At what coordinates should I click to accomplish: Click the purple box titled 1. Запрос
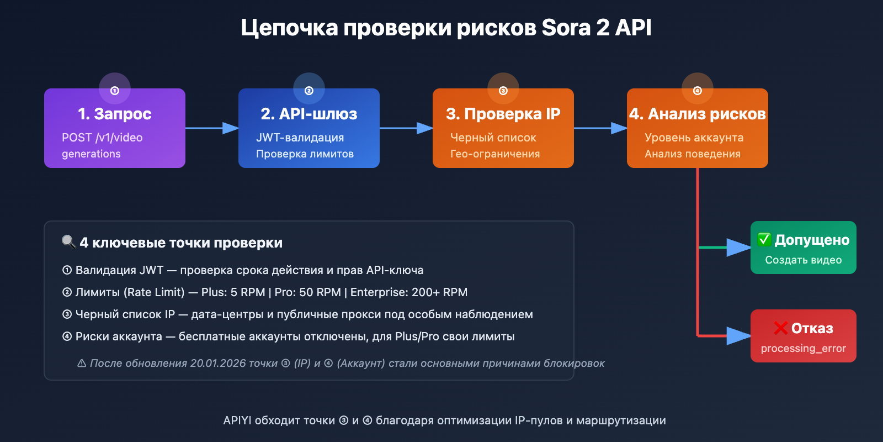115,128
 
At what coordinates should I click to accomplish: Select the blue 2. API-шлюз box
309,128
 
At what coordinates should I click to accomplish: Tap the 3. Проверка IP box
503,128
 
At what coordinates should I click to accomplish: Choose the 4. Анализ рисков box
698,128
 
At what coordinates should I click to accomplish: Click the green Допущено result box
804,248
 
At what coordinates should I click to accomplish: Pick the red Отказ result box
804,336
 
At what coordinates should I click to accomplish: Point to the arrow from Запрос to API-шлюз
212,128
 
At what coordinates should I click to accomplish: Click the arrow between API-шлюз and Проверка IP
406,128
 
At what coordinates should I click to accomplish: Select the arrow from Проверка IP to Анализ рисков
600,128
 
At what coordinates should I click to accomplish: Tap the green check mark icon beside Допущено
764,239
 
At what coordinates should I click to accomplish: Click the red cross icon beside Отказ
780,328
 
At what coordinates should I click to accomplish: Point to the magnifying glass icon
68,242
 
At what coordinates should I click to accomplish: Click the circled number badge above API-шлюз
309,90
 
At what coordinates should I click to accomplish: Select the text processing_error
804,348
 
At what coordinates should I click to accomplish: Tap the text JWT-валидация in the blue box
300,138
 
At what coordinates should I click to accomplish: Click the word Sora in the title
566,28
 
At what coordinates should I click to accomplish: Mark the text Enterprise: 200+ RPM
409,292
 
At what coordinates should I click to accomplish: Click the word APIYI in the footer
237,420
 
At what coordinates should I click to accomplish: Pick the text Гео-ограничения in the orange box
495,154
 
